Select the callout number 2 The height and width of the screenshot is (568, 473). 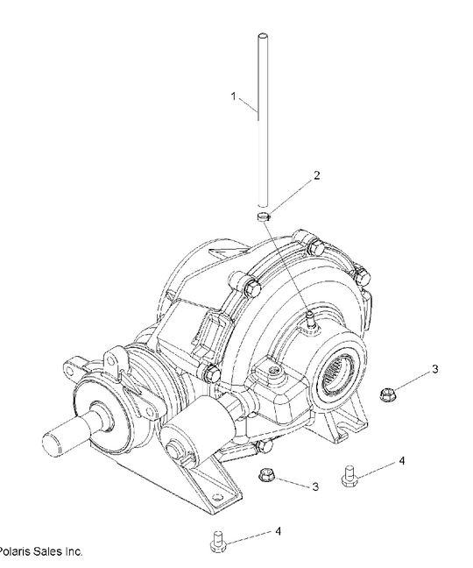coord(316,175)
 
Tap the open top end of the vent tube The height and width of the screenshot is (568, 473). coord(261,36)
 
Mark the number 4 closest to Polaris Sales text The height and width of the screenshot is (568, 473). coord(278,531)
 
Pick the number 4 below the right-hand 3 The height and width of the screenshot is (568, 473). coord(401,460)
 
